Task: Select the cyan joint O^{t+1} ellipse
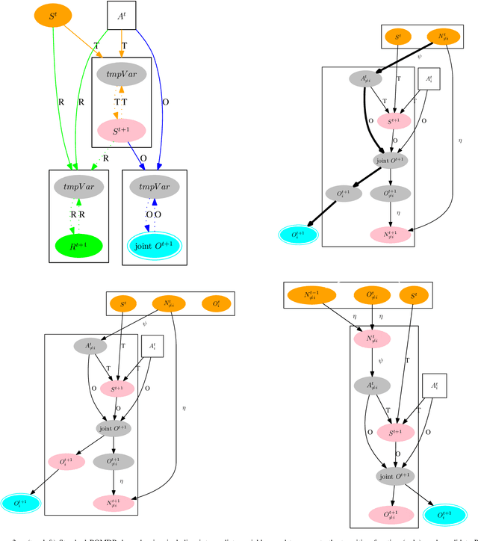(154, 244)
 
